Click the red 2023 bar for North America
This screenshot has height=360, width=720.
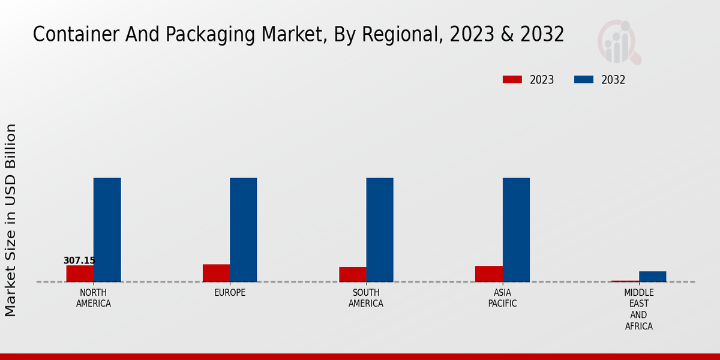pos(80,274)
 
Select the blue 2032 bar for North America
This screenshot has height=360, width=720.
pos(107,230)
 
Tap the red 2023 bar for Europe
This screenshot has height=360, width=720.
pos(216,273)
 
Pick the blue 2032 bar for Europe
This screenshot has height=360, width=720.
pos(243,230)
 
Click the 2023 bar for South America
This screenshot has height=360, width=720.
pos(352,274)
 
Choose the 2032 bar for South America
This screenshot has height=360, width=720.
pos(379,230)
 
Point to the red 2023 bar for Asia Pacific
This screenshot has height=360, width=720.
pos(488,274)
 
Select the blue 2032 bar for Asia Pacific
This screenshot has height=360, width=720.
pos(516,230)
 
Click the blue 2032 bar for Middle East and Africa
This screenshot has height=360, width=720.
pos(652,277)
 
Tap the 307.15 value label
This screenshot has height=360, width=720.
pos(79,260)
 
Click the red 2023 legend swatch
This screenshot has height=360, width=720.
pos(512,80)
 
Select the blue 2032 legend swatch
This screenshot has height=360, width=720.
pos(584,80)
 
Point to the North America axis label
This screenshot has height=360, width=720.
pos(94,298)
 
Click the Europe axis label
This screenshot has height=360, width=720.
pos(230,293)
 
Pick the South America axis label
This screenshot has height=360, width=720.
pos(366,298)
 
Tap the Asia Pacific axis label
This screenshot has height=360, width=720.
pos(502,298)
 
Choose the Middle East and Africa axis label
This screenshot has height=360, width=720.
pos(638,310)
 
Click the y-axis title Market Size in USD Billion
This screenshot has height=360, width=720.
pos(11,220)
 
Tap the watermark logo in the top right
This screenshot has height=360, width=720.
pos(619,42)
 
